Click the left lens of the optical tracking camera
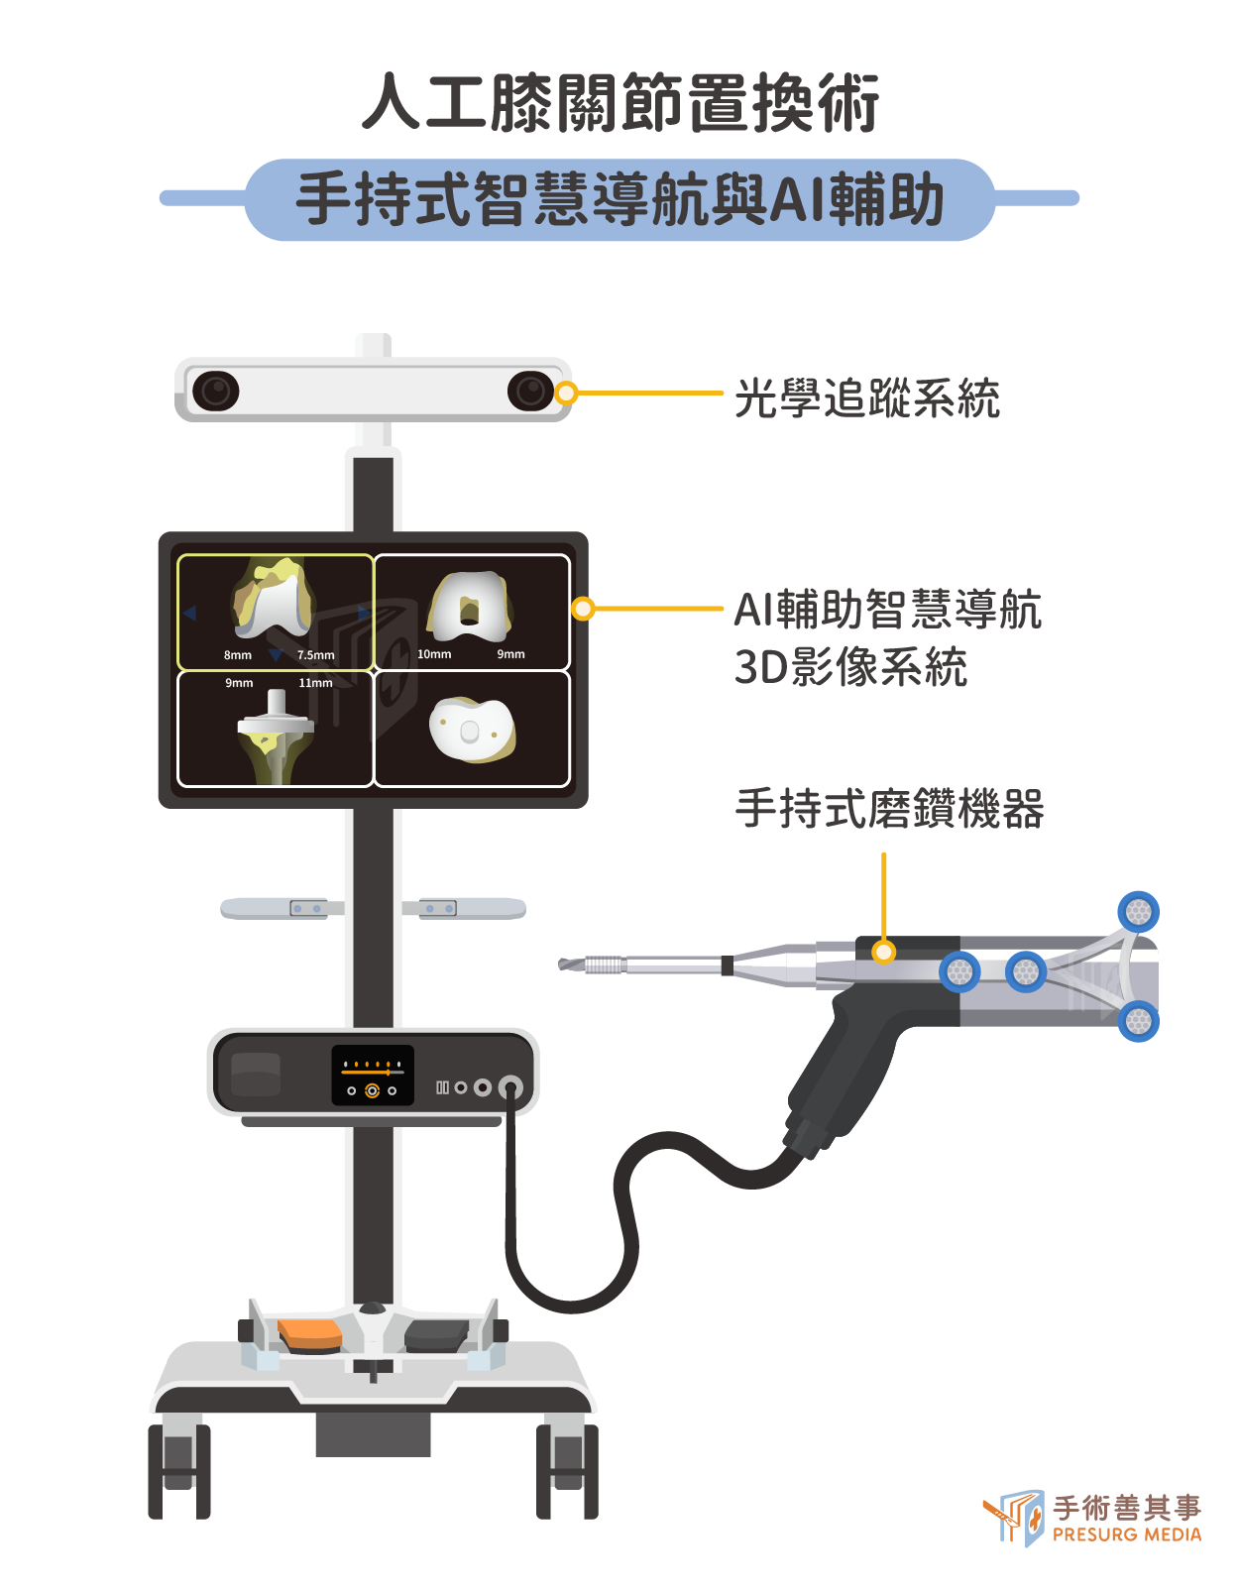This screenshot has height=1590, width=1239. [216, 391]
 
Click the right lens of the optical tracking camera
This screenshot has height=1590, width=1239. [530, 391]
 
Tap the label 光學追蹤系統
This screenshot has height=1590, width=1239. [866, 398]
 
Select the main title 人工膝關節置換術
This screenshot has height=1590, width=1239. [620, 102]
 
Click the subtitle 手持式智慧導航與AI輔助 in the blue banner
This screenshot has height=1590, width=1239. [619, 199]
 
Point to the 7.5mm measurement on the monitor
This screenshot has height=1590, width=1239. [316, 655]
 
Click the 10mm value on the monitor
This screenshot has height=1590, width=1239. [434, 654]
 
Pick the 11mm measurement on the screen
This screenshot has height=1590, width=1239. [315, 683]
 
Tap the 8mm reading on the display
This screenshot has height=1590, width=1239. [238, 655]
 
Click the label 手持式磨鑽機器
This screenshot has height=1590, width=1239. [889, 809]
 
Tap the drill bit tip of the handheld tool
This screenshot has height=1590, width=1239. [560, 965]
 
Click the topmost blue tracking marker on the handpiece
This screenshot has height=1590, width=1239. [1138, 912]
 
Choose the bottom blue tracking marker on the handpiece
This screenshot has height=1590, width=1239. [1138, 1021]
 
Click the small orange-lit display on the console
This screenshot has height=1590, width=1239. [373, 1075]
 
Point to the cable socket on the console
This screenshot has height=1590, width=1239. [510, 1087]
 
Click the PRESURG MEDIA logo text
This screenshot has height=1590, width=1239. [1127, 1534]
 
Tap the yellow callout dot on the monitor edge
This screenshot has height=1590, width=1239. [582, 608]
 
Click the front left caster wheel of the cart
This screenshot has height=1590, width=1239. [179, 1471]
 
